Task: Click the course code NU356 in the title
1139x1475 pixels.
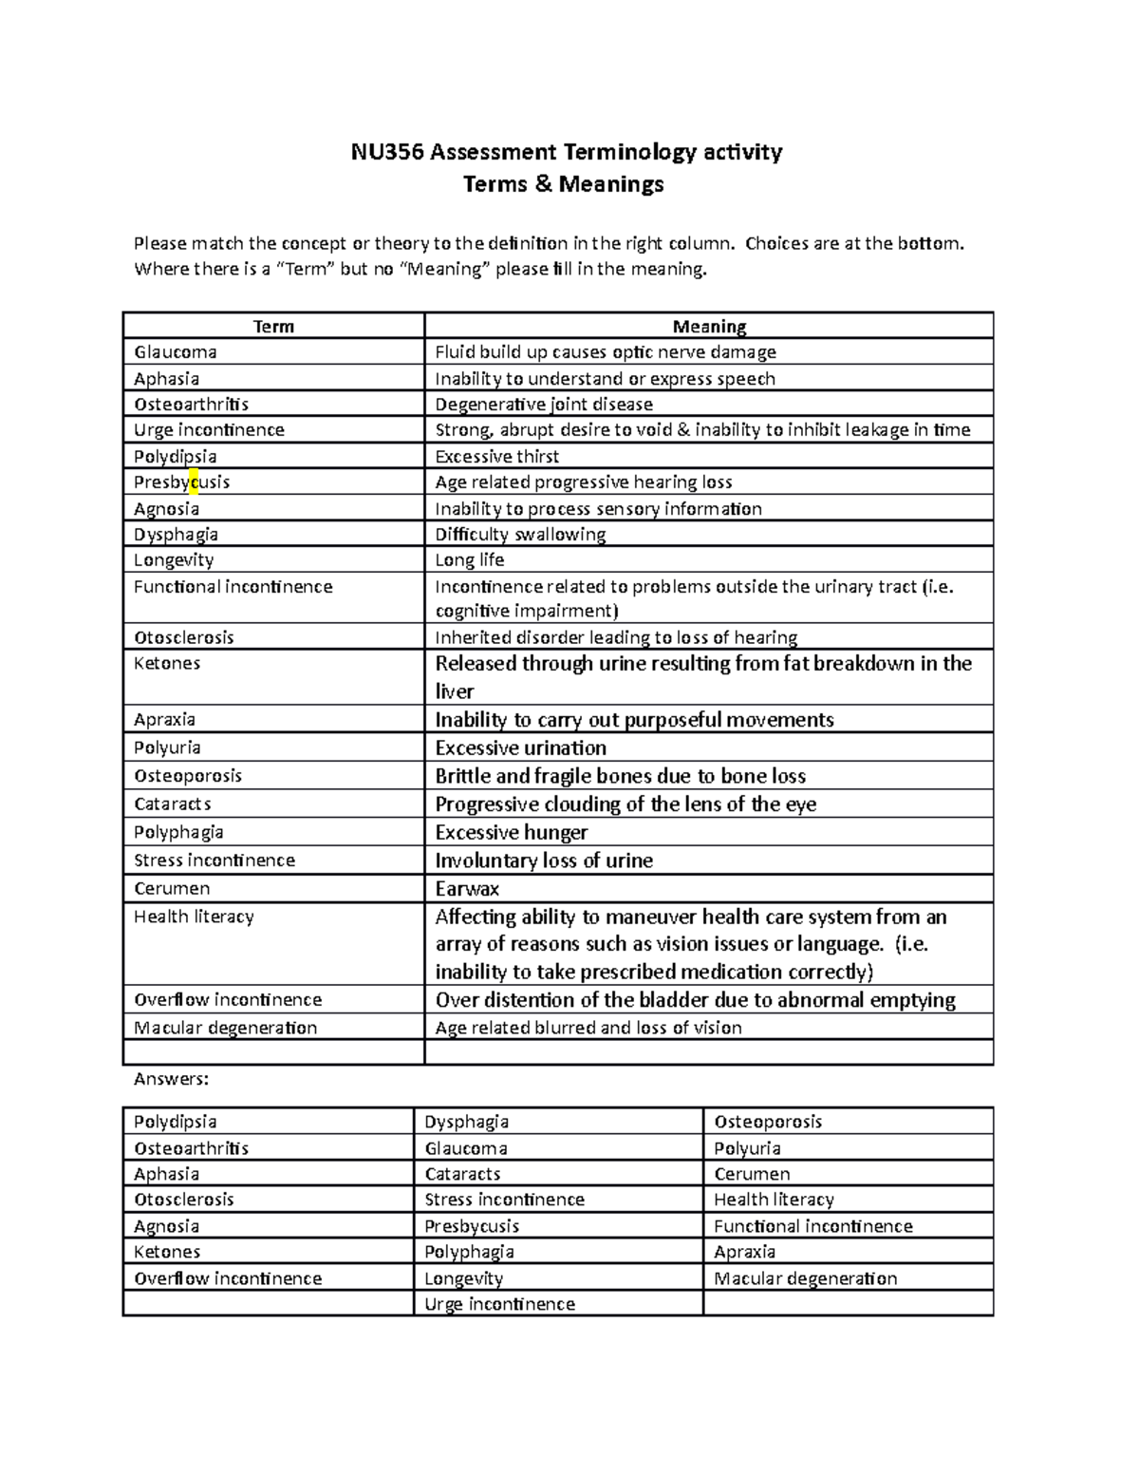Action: pos(380,152)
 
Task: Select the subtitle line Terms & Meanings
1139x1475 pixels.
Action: pos(563,184)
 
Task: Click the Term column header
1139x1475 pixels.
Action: pos(273,327)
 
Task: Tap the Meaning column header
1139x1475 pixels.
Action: pos(708,327)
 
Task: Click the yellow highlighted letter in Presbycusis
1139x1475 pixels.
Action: pos(194,482)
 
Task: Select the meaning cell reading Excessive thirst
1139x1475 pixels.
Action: pos(496,457)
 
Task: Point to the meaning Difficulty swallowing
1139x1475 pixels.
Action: pos(519,535)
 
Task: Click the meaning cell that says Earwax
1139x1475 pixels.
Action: pos(467,889)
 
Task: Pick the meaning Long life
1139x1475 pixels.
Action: pos(469,560)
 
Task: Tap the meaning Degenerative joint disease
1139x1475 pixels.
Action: pos(543,405)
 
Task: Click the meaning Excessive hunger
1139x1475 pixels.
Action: pos(511,833)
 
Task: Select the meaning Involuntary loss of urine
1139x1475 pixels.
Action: pos(543,861)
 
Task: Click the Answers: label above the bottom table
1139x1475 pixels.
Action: pos(171,1079)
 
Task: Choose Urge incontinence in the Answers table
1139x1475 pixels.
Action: pos(499,1304)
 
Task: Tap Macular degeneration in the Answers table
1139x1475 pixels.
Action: pos(805,1278)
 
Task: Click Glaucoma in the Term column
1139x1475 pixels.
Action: pos(175,352)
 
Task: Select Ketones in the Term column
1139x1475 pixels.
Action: pos(167,663)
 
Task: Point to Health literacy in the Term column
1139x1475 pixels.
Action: pos(194,917)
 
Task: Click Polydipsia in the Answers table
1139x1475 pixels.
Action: pos(175,1122)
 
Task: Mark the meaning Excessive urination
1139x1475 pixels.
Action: pos(520,748)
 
